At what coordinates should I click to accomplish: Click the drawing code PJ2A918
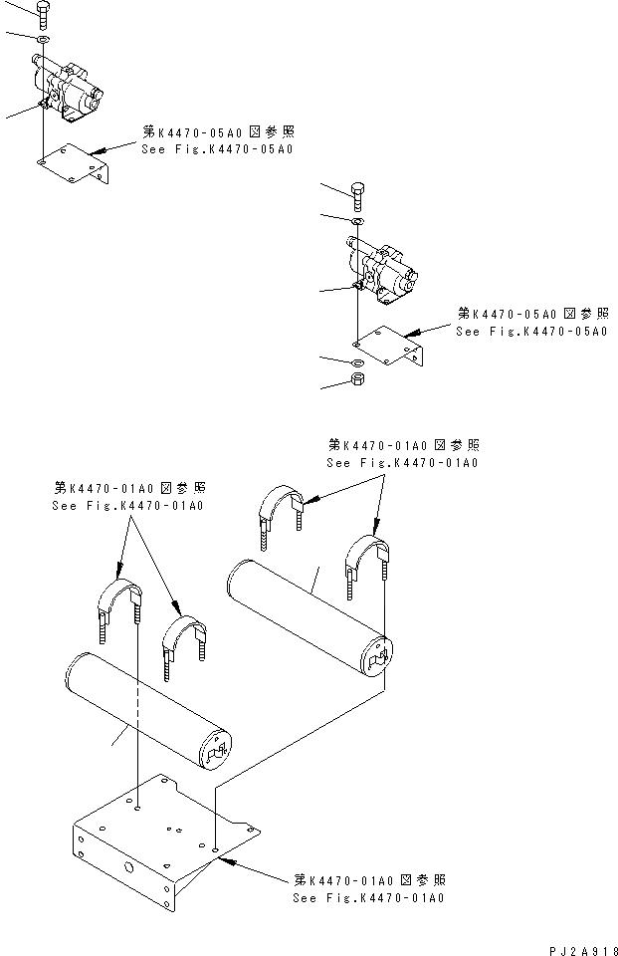pos(583,948)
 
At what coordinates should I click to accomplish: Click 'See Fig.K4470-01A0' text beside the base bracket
pos(368,897)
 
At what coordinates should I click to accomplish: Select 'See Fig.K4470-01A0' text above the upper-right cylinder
pos(403,463)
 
